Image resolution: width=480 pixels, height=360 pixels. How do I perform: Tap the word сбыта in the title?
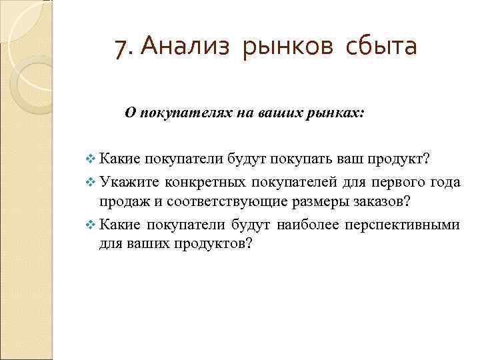coord(382,47)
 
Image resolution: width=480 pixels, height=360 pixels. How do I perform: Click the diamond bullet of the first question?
coord(91,159)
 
